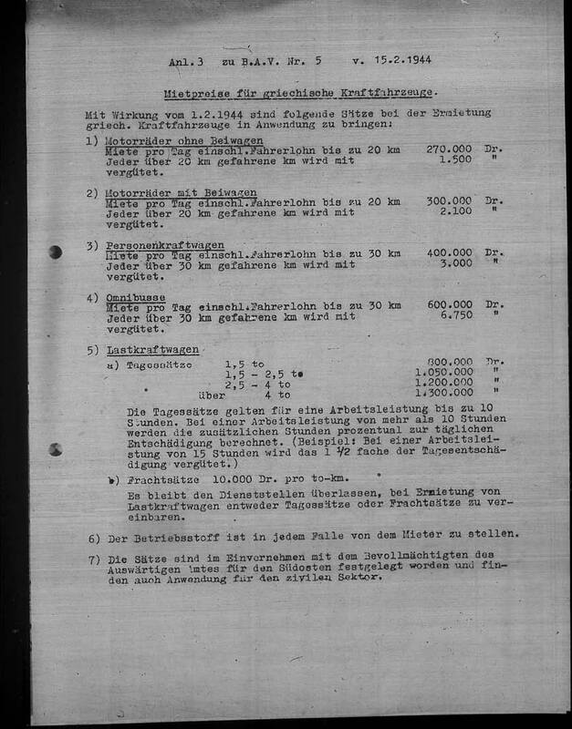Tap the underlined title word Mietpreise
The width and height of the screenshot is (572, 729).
[194, 93]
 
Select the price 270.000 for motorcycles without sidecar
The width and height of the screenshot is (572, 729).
[449, 148]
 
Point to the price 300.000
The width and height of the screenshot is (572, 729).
[449, 200]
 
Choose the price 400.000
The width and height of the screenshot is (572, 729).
[449, 253]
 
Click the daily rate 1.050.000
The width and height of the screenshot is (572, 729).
[444, 372]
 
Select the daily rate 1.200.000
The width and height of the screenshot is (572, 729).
[444, 384]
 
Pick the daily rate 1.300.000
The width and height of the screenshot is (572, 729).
[444, 395]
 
